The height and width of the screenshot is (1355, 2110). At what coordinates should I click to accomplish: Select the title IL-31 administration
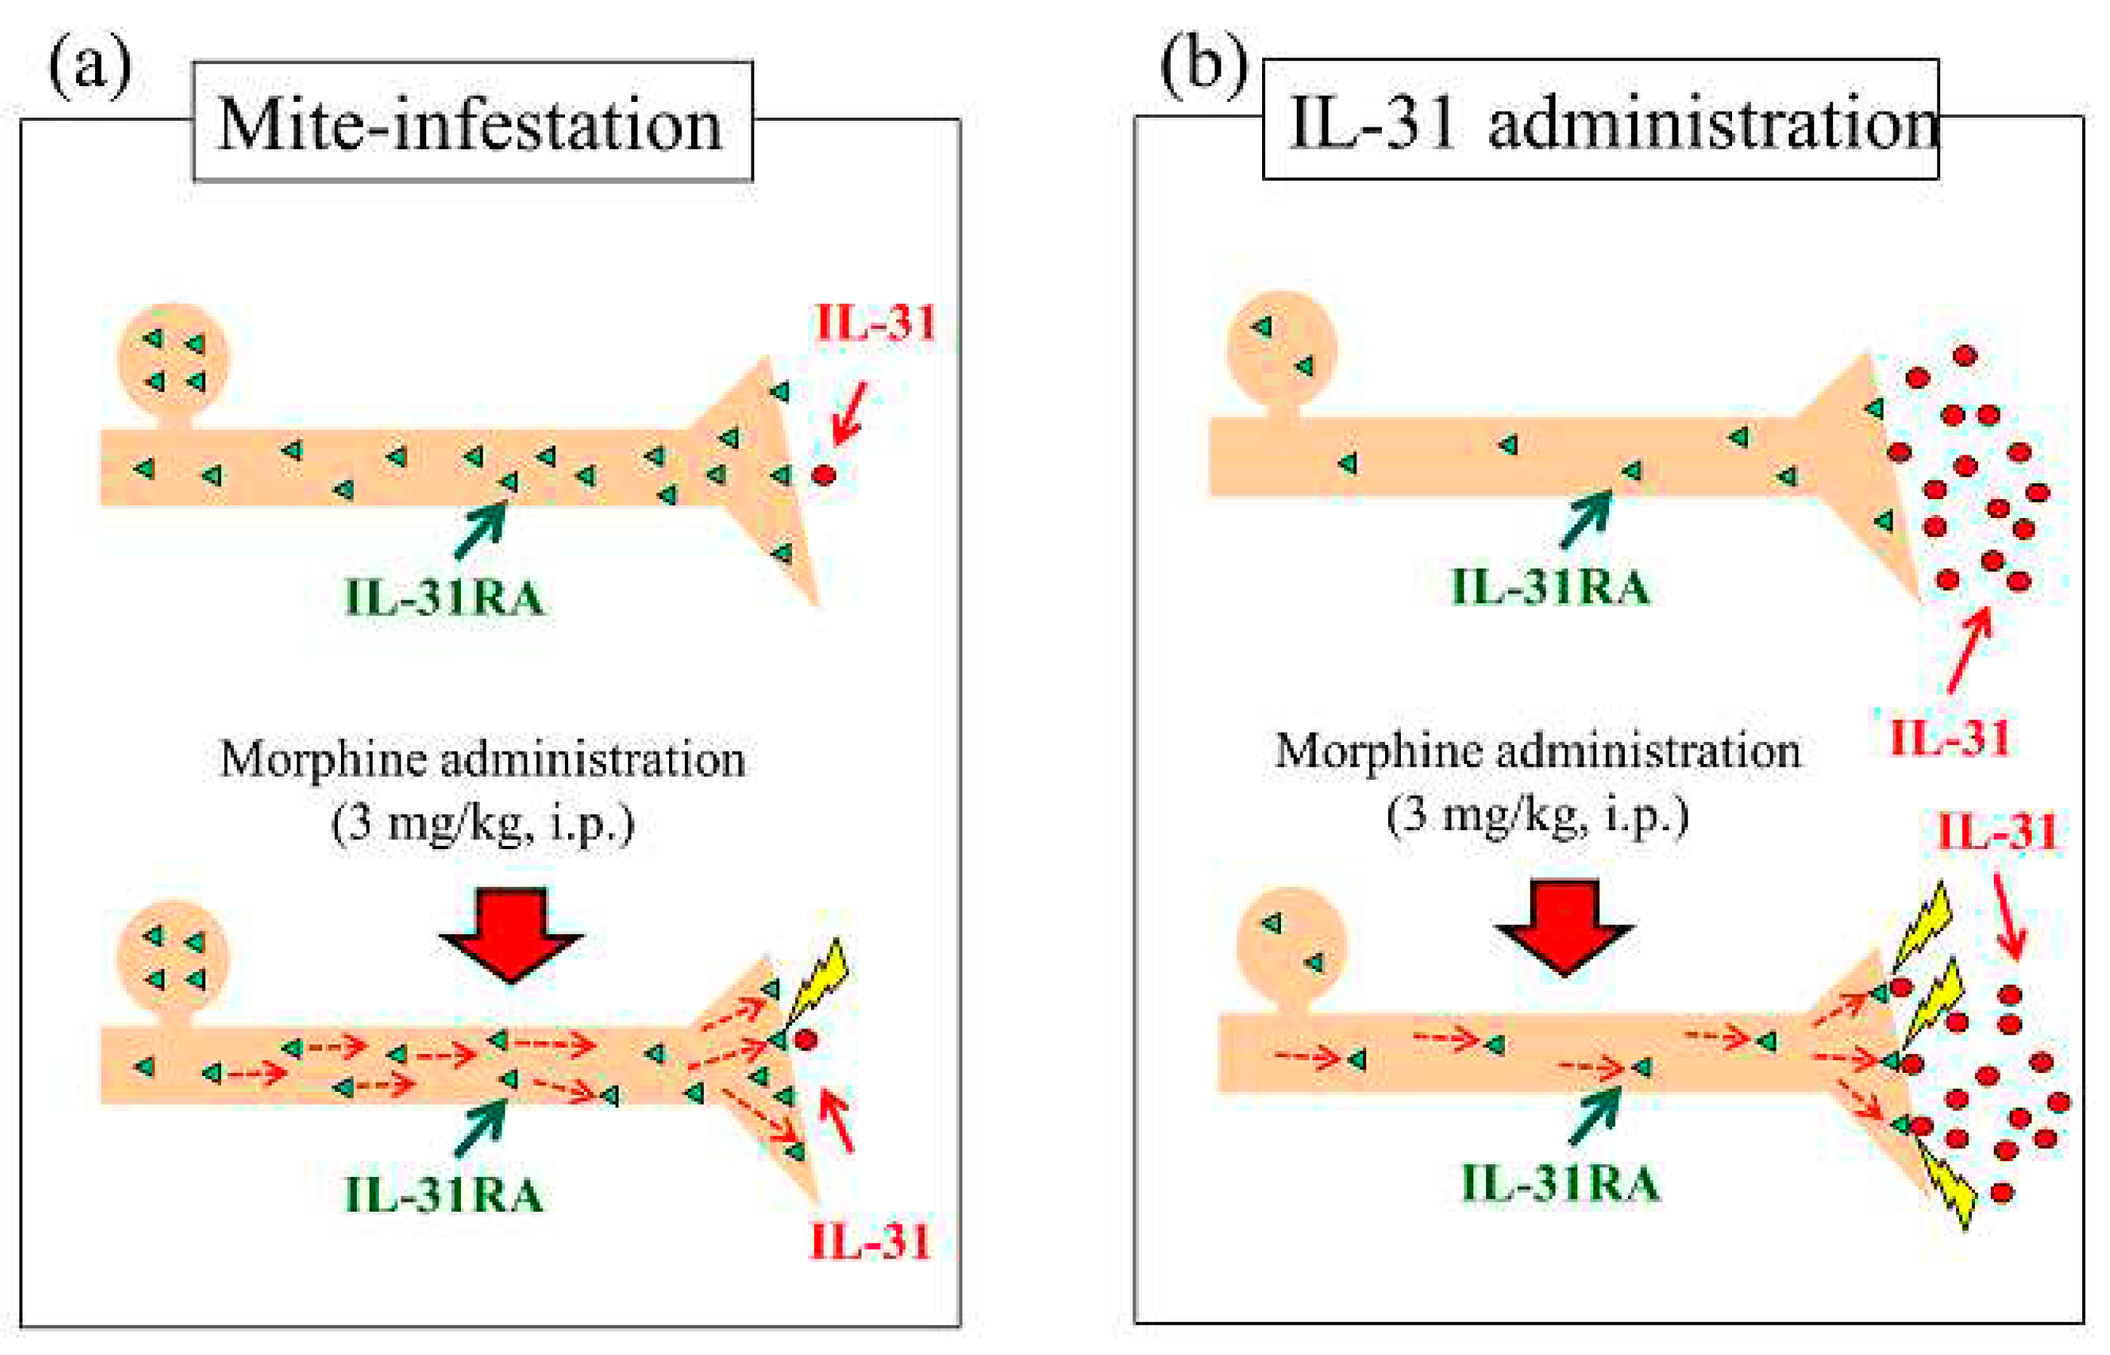pos(1599,121)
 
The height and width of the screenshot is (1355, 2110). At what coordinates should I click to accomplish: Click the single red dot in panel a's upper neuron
pos(823,475)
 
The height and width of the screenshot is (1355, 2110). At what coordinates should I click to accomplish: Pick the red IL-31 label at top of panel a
pos(875,323)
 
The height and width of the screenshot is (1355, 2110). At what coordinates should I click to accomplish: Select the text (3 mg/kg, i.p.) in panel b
pos(1537,816)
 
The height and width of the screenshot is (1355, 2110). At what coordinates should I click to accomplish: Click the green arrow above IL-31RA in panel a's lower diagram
pos(481,1127)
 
